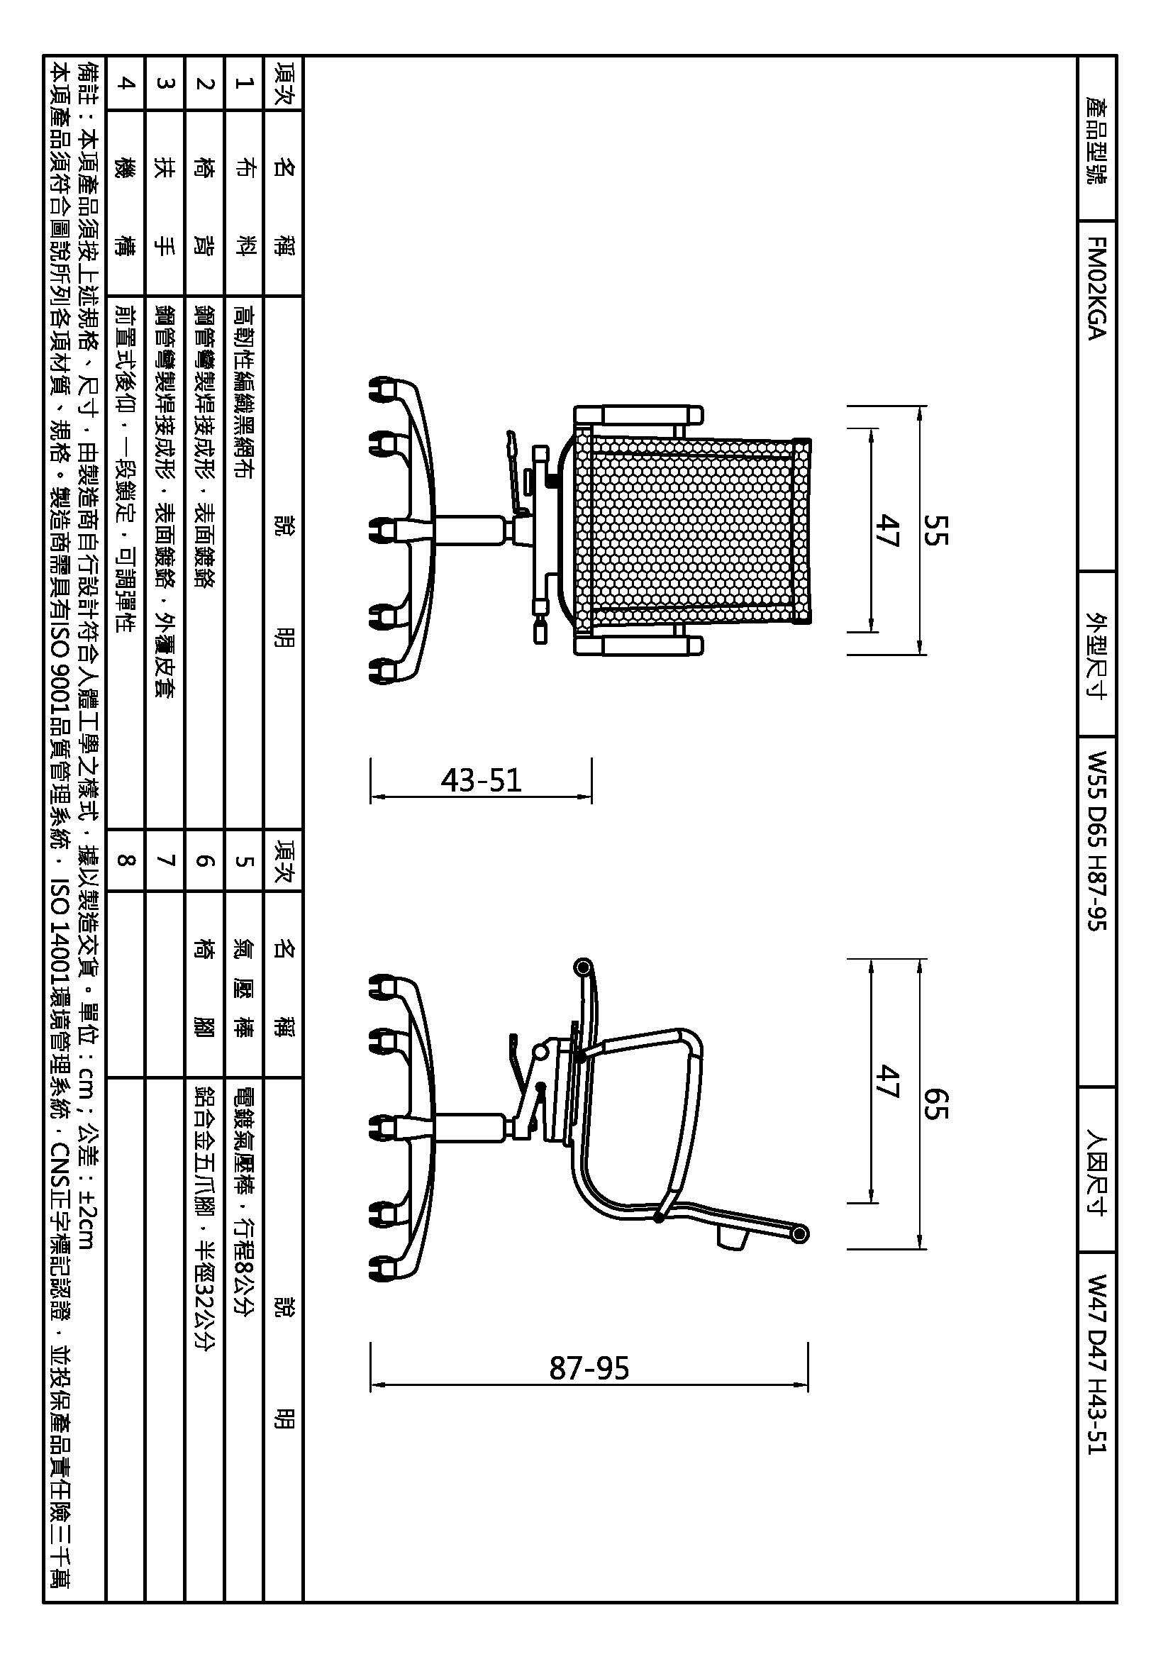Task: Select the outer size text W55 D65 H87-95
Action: [1096, 840]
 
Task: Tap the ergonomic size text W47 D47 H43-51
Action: [1096, 1363]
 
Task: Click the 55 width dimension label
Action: [935, 530]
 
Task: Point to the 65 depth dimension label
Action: [935, 1104]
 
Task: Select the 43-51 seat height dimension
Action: [481, 780]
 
